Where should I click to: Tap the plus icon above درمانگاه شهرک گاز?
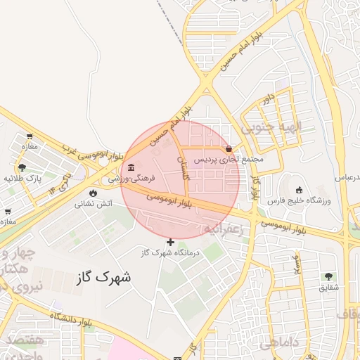click(170, 242)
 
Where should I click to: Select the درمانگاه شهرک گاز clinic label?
click(171, 252)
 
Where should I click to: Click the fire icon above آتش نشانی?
click(93, 193)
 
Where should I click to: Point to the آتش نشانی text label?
click(93, 205)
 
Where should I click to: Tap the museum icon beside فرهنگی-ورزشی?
click(131, 167)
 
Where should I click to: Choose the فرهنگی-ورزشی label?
click(131, 179)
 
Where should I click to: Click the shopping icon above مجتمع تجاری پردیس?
click(230, 148)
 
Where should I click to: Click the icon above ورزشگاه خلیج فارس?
click(300, 189)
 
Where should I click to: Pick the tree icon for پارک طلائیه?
click(23, 167)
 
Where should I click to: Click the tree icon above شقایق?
click(328, 276)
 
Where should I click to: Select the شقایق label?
click(328, 288)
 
